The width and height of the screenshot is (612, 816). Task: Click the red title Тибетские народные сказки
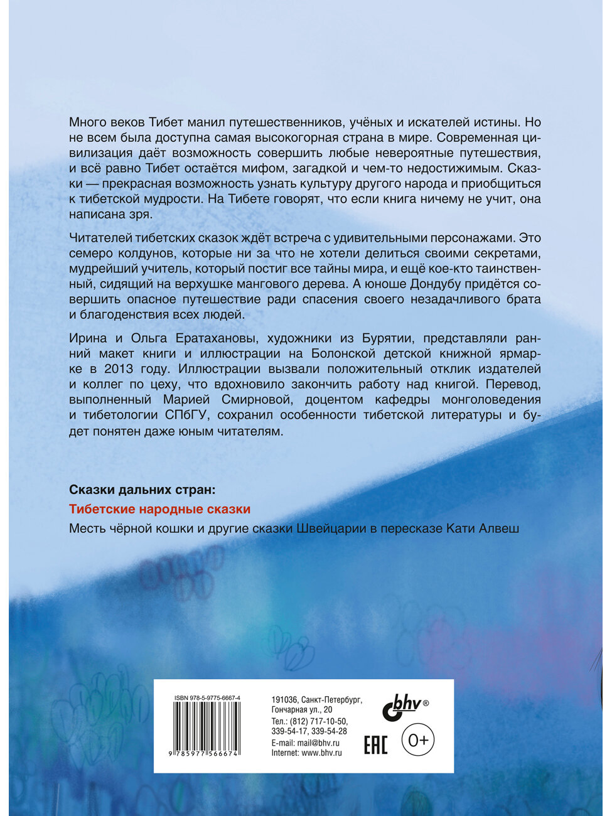tap(159, 509)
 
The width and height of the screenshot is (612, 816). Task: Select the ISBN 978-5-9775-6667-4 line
tap(207, 698)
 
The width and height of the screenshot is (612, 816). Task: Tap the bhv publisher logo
tap(402, 707)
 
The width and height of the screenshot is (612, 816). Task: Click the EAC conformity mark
tap(375, 744)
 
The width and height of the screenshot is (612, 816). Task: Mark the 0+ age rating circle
tap(418, 741)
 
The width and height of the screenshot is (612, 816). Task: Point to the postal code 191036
tap(284, 699)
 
